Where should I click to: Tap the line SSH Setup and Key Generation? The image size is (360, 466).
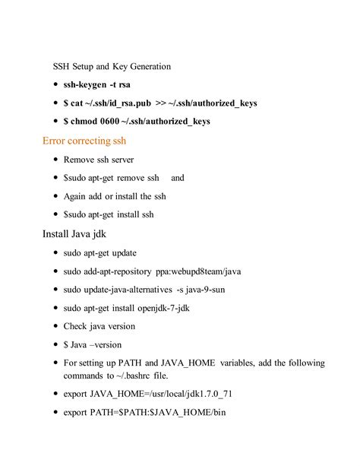coord(112,66)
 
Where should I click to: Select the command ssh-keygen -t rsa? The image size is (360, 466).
coord(99,84)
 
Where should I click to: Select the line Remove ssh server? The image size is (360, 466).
coord(99,160)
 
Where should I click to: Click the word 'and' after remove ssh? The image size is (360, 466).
coord(178,178)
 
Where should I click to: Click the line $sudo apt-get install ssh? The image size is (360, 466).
coord(109,214)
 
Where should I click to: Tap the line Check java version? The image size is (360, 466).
coord(99,326)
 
